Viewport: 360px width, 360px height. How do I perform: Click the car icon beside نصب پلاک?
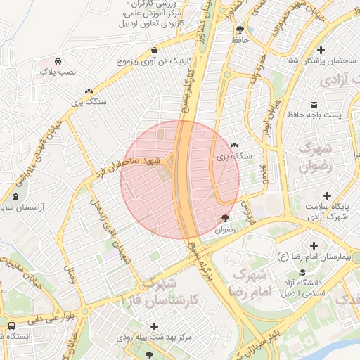click(x=57, y=60)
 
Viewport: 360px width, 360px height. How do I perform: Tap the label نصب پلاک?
click(x=57, y=72)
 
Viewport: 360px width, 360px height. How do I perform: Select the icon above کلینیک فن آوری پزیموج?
click(x=154, y=50)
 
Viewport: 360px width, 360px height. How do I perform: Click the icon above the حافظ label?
click(x=240, y=30)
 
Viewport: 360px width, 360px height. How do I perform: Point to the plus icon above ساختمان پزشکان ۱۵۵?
click(x=321, y=50)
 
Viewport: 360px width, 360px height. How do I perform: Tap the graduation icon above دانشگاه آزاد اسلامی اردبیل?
click(x=302, y=273)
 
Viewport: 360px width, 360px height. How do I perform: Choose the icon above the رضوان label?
click(x=224, y=219)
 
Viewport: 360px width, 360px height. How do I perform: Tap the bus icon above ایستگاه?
click(x=12, y=326)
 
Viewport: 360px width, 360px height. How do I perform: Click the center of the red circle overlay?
click(x=180, y=180)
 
